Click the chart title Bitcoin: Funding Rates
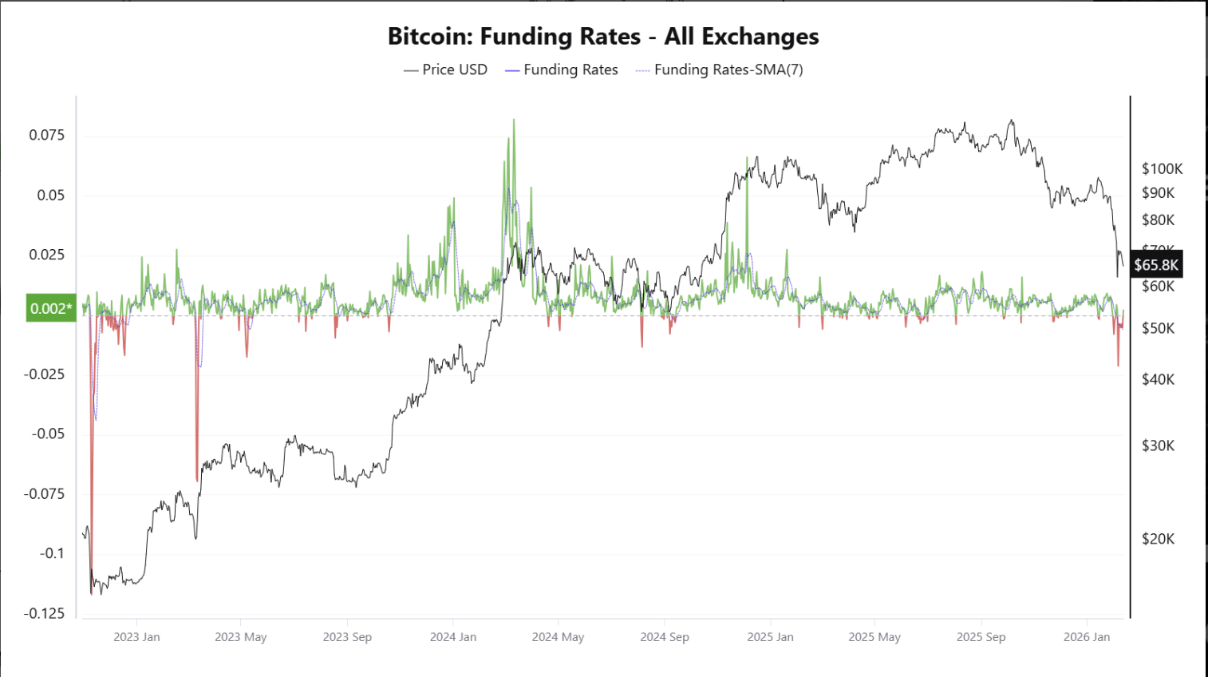tap(602, 37)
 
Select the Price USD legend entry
tap(445, 69)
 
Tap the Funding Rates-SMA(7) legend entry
tap(719, 69)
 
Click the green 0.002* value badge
tap(51, 308)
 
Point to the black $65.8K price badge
tap(1155, 265)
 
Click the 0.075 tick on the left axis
tap(47, 135)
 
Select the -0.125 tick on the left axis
tap(44, 613)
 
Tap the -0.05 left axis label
tap(47, 434)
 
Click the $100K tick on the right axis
tap(1162, 168)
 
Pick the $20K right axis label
tap(1158, 539)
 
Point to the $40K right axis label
tap(1158, 379)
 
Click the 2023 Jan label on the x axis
tap(136, 636)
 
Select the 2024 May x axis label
tap(558, 636)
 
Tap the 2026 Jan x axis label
tap(1087, 636)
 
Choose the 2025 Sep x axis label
tap(981, 636)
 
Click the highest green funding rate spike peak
tap(514, 121)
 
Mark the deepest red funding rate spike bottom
tap(92, 593)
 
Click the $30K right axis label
tap(1158, 445)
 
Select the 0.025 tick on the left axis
tap(47, 255)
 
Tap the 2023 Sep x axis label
tap(347, 636)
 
